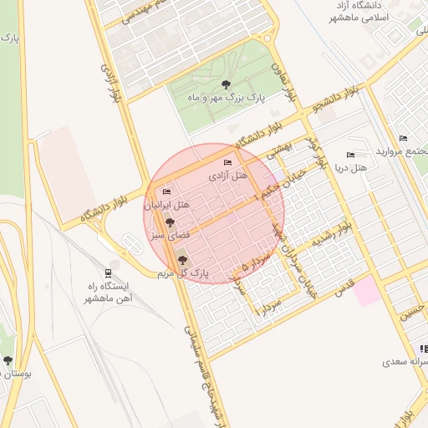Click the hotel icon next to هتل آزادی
(227, 162)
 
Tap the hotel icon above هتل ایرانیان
(166, 192)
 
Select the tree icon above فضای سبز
(171, 223)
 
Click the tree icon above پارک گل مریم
(182, 261)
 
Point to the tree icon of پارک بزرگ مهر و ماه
(226, 84)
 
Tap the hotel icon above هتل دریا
(350, 155)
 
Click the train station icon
(108, 273)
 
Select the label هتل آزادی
(228, 176)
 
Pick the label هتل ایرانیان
(168, 205)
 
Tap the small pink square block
(366, 293)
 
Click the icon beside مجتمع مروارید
(404, 139)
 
